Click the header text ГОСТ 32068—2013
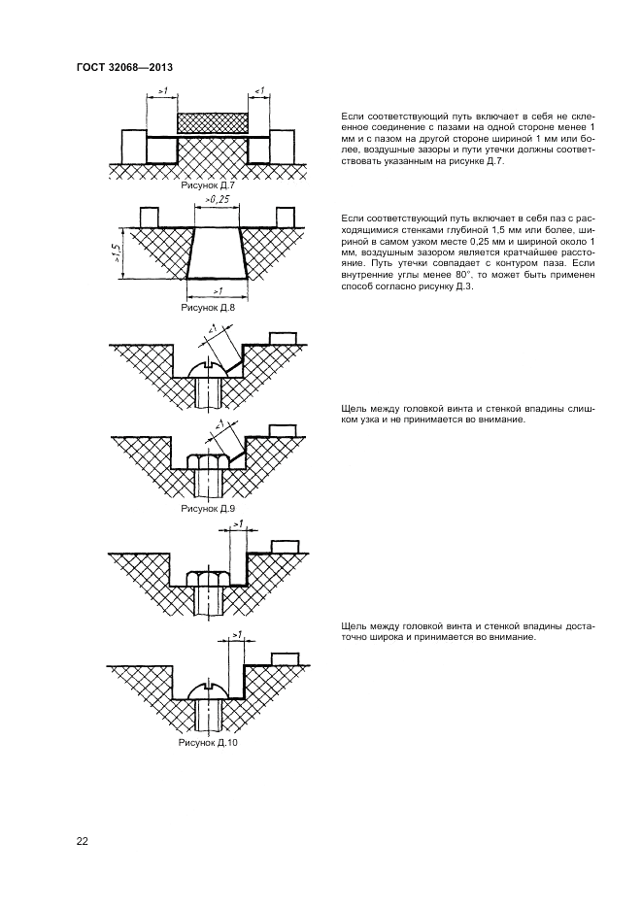tap(123, 67)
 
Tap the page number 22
tap(83, 841)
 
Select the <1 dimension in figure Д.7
tap(259, 91)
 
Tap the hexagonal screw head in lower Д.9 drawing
tap(208, 461)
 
